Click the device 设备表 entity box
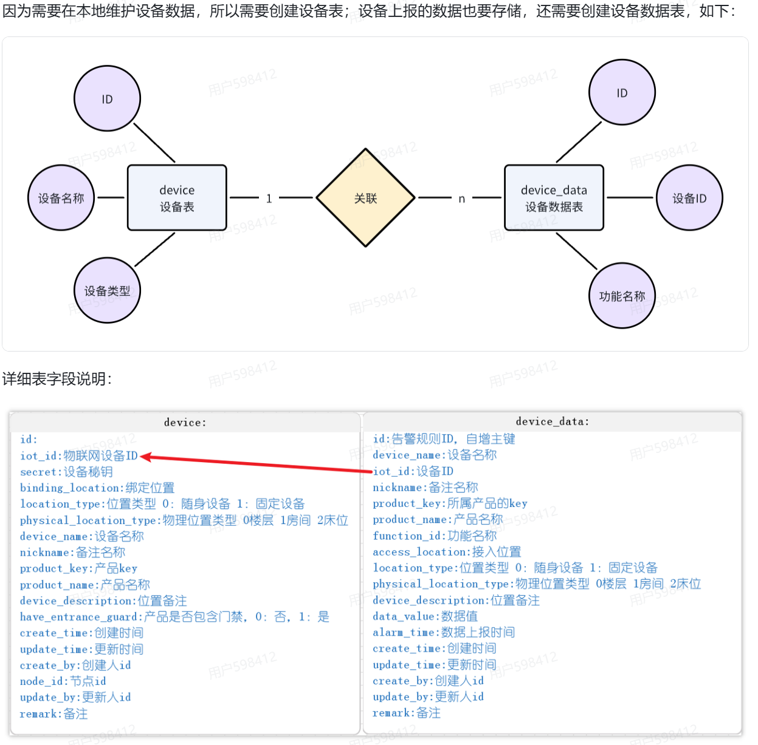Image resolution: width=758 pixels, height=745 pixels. [177, 198]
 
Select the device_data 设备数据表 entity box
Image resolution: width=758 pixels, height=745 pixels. [554, 198]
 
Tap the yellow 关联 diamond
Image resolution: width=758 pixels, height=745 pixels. [365, 198]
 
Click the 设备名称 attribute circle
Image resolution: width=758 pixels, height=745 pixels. [61, 198]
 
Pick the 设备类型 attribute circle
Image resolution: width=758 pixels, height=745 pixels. [107, 291]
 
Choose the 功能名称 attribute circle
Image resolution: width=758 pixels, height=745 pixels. [622, 296]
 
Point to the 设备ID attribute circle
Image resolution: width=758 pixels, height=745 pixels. [689, 198]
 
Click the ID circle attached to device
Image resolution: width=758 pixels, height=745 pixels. [107, 99]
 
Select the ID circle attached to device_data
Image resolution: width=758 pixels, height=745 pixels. [622, 93]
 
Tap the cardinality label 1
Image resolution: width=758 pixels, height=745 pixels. [269, 198]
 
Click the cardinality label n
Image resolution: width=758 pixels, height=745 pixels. [462, 199]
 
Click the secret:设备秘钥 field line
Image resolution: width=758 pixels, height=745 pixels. [66, 472]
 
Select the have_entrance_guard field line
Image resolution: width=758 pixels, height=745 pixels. [174, 617]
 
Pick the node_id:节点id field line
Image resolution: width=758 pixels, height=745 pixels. [63, 681]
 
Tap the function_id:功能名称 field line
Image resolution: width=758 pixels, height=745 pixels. [435, 536]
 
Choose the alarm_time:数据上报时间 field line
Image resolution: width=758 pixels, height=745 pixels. [444, 632]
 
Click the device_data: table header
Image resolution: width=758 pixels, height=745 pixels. [552, 421]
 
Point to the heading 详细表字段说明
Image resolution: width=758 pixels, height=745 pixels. [57, 379]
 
